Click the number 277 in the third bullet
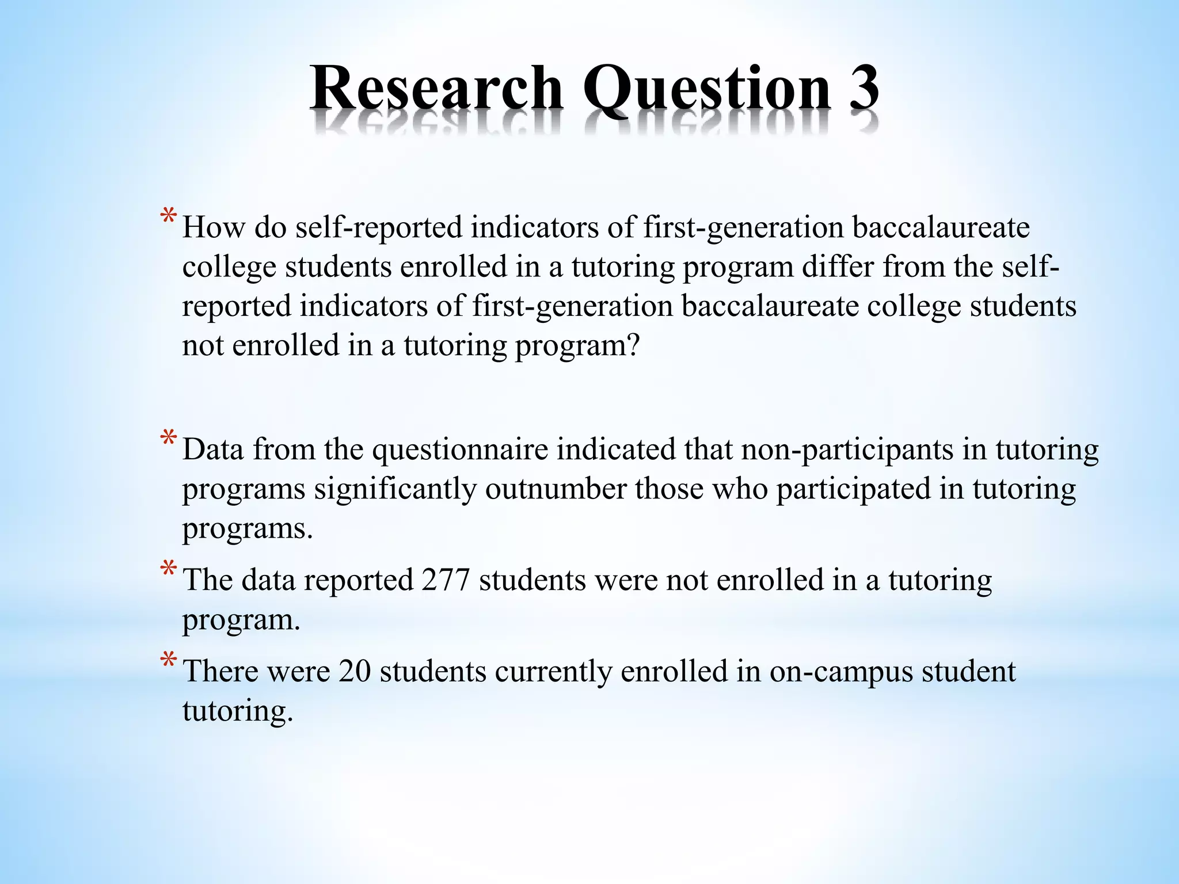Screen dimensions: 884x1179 (x=446, y=580)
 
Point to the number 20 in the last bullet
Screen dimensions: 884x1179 (x=355, y=672)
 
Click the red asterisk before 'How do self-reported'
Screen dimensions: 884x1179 (x=169, y=218)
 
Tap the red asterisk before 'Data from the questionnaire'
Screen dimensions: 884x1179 (x=169, y=439)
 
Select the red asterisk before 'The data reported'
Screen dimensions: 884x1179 (x=169, y=570)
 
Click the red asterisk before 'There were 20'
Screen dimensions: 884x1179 (x=169, y=661)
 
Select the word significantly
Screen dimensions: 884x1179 (x=395, y=489)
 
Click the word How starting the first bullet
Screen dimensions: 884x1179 (x=214, y=227)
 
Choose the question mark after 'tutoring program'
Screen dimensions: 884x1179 (x=632, y=346)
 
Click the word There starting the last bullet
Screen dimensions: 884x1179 (x=220, y=672)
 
